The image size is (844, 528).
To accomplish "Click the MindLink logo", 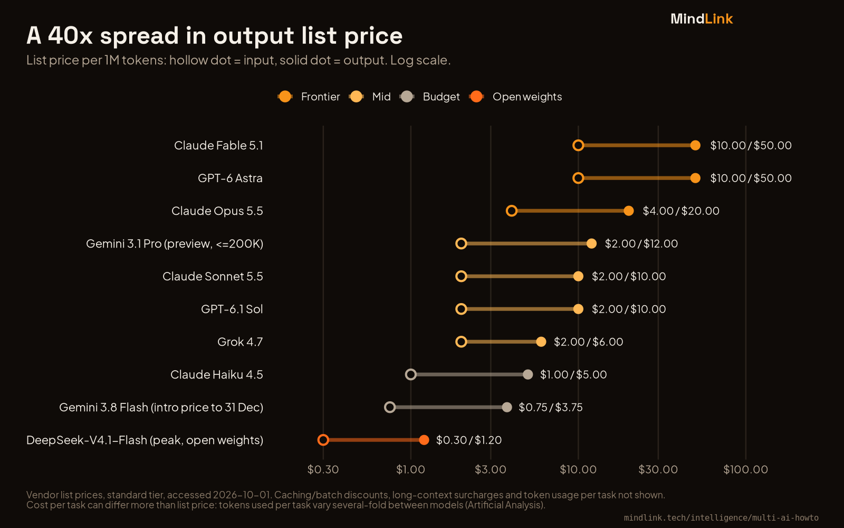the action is [x=702, y=19].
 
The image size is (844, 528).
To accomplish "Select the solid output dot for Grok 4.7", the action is [x=541, y=342].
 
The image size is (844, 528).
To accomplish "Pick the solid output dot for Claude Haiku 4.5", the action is [x=528, y=374].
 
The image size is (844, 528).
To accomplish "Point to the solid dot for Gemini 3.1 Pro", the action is [x=591, y=243].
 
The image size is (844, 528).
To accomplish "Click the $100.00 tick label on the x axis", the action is [x=746, y=469].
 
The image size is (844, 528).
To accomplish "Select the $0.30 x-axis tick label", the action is [x=323, y=469].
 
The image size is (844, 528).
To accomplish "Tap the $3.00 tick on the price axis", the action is [x=491, y=469].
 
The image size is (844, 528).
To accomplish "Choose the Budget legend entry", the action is [x=430, y=97].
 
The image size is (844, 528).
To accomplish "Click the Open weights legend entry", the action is [x=516, y=97].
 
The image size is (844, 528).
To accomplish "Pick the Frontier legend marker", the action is [x=285, y=97].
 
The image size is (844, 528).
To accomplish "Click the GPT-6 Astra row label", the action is [x=230, y=178].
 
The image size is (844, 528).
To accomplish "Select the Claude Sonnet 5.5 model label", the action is [x=213, y=277].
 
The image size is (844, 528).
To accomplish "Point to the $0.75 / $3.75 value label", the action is [x=551, y=407].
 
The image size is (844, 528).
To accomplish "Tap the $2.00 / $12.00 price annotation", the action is [x=641, y=243].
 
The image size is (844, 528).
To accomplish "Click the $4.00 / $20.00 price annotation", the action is [x=681, y=211].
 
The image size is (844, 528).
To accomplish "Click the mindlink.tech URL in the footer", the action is [x=721, y=518].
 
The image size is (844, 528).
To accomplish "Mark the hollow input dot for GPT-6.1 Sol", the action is [x=461, y=309].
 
